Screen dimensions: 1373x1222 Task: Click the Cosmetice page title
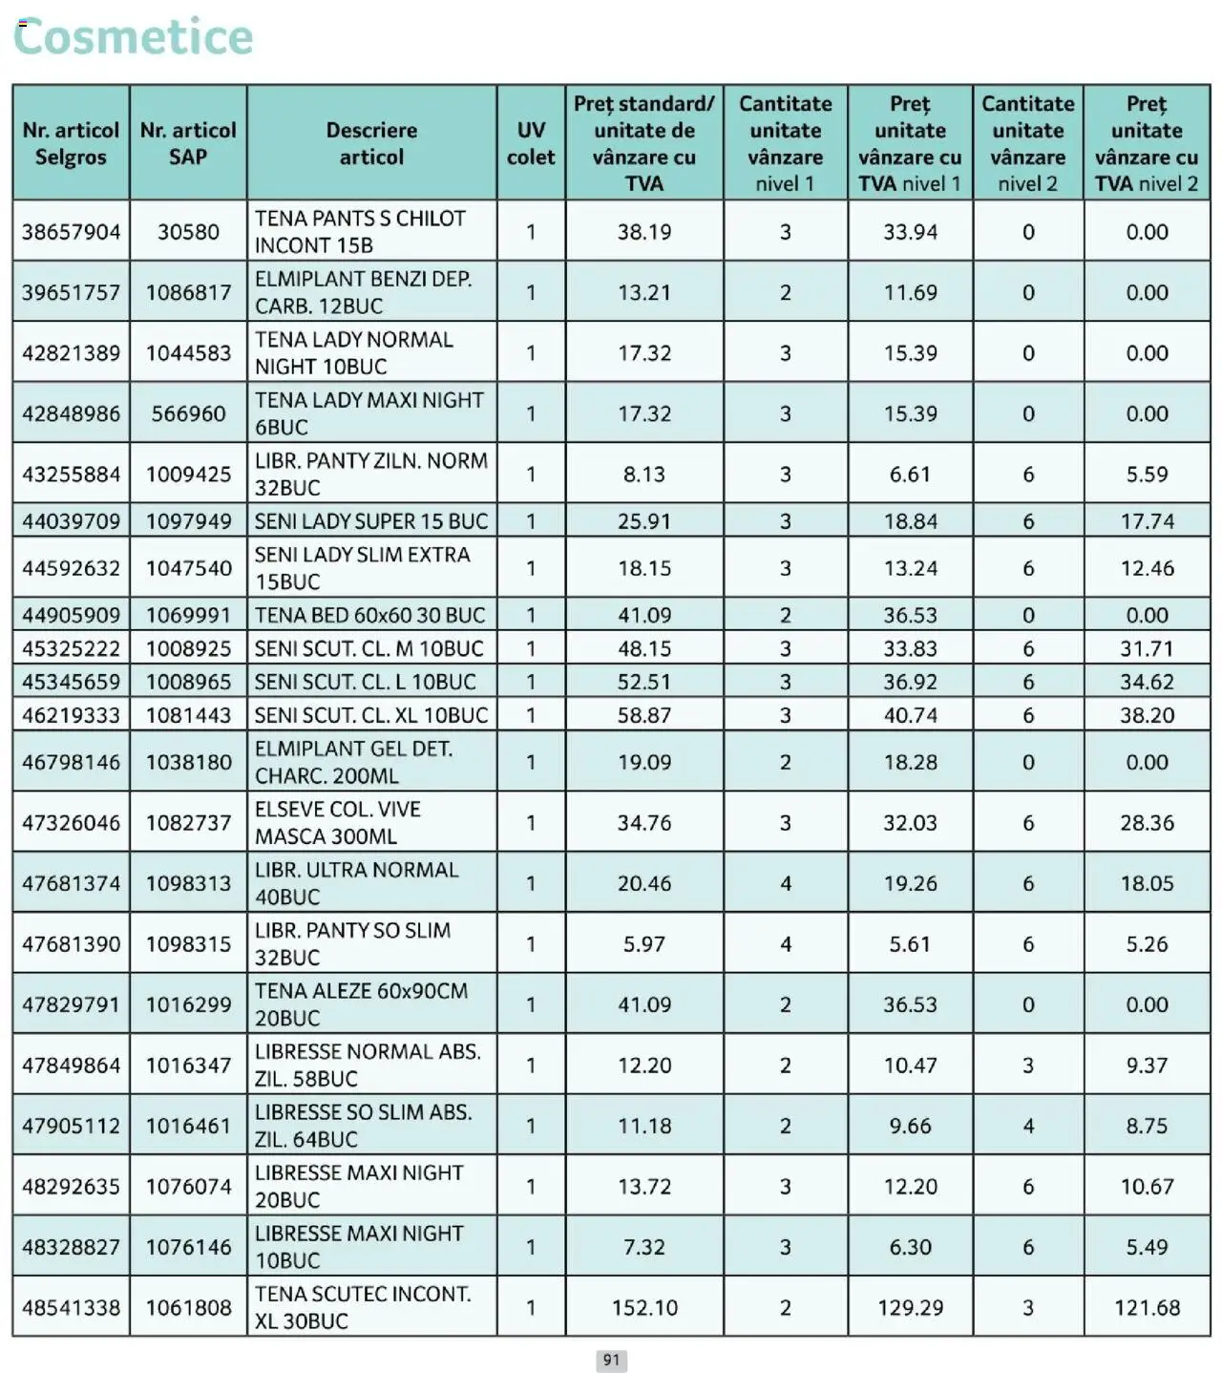click(x=134, y=37)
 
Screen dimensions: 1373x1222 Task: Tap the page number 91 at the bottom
click(x=611, y=1360)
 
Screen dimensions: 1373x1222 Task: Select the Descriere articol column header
click(x=371, y=143)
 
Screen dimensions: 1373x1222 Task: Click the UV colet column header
click(x=531, y=143)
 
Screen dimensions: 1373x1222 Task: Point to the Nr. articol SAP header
click(x=188, y=143)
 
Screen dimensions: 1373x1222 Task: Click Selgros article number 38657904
click(x=72, y=232)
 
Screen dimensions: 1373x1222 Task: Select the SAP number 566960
click(x=188, y=413)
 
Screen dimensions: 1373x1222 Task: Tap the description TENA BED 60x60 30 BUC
click(x=369, y=616)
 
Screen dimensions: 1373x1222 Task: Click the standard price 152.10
click(x=644, y=1307)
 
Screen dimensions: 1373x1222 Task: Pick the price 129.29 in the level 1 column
click(x=910, y=1307)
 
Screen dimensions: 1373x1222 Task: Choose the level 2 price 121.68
click(x=1147, y=1307)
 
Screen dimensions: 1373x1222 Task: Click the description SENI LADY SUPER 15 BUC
click(x=370, y=521)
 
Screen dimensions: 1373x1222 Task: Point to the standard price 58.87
click(x=644, y=715)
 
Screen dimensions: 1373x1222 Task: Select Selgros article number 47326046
click(x=72, y=823)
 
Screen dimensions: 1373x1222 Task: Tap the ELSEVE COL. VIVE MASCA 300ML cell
click(x=337, y=823)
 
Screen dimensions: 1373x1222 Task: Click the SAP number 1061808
click(x=188, y=1307)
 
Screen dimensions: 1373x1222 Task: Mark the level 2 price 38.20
click(x=1147, y=715)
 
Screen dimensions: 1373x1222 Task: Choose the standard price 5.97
click(x=644, y=944)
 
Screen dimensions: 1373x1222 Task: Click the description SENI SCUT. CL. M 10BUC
click(x=369, y=649)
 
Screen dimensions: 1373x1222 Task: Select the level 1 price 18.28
click(x=910, y=762)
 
